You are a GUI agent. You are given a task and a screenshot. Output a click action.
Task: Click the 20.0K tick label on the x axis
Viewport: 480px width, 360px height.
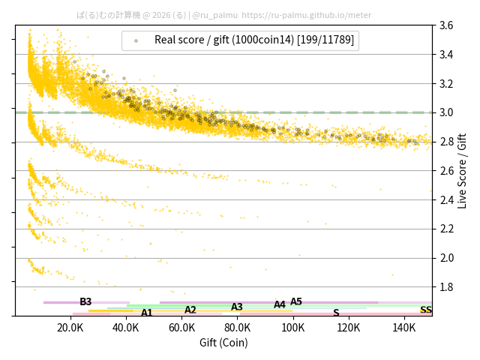[70, 327]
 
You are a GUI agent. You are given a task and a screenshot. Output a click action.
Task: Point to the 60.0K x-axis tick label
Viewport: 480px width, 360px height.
[181, 327]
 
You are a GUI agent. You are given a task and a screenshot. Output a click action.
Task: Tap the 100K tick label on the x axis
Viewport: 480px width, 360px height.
[293, 327]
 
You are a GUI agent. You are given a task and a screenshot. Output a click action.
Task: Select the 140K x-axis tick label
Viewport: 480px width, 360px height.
[404, 327]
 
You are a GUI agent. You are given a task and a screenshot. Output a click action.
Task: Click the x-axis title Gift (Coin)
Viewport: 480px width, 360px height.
[223, 343]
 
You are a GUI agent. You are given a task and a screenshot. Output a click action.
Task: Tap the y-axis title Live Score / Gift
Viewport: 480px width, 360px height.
[462, 171]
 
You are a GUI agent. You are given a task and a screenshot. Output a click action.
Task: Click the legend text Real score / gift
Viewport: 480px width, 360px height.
[254, 40]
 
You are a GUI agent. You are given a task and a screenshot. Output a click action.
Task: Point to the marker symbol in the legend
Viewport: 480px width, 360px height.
[136, 40]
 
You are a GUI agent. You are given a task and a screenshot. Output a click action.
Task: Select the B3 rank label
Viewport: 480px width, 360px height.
[85, 301]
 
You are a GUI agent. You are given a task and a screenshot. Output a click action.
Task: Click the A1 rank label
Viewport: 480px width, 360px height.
[147, 313]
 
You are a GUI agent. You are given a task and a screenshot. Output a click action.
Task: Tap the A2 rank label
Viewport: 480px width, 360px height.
[190, 310]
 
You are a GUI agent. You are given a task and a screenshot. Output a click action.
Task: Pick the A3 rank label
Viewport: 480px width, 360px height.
[237, 307]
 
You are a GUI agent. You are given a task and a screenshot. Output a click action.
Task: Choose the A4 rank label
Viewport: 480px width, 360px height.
[280, 304]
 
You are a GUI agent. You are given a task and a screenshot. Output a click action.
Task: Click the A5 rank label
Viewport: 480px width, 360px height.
[296, 301]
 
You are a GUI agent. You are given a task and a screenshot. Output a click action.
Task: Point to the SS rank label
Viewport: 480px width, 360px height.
[426, 310]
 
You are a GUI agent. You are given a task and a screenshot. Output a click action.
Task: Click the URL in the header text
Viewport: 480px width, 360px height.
[307, 15]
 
